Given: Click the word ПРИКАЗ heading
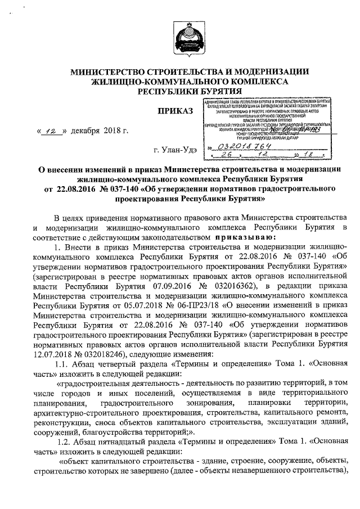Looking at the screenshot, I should click(x=175, y=109).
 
